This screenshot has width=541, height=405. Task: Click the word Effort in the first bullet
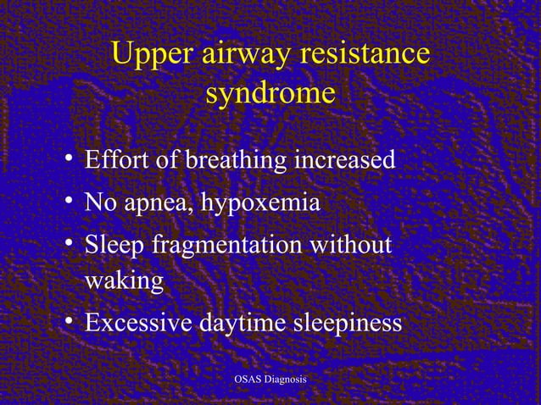pyautogui.click(x=115, y=159)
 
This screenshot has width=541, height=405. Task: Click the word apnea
pyautogui.click(x=157, y=204)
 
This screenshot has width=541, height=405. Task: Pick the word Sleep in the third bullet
pyautogui.click(x=114, y=246)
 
